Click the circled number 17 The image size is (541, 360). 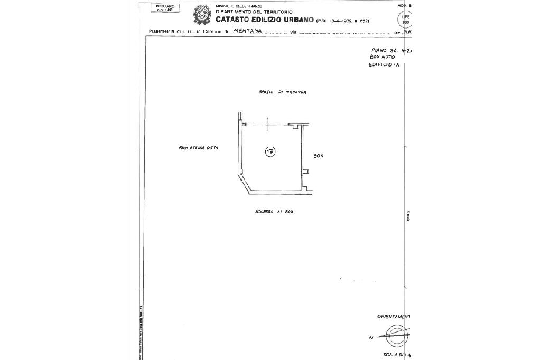click(270, 153)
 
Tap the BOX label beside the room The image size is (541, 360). click(318, 156)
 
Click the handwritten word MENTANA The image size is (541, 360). click(247, 31)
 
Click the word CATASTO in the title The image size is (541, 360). click(234, 20)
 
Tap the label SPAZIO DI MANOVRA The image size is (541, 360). click(283, 92)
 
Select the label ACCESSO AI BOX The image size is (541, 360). click(274, 211)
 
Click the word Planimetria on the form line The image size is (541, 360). click(162, 32)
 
